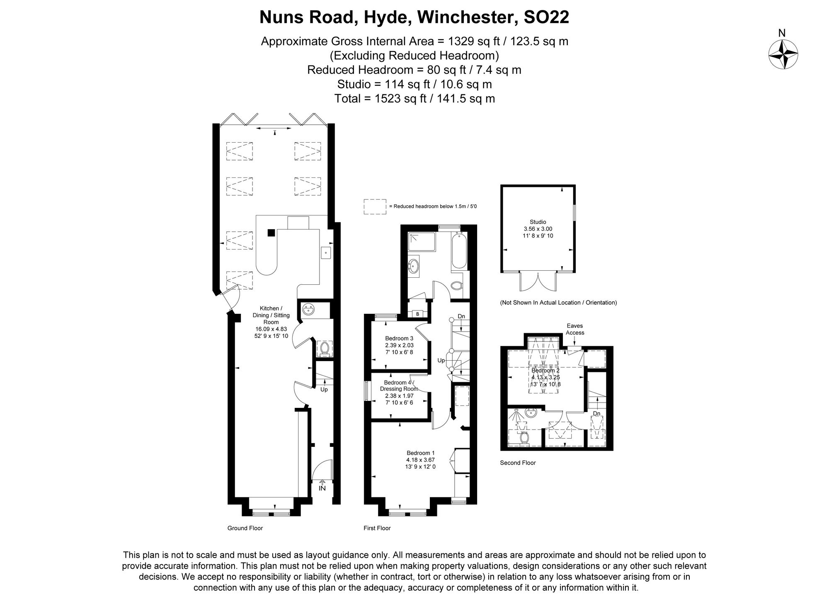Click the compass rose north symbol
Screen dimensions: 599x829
(x=783, y=54)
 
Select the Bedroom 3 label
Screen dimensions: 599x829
(x=399, y=338)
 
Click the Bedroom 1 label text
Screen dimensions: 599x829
(x=420, y=453)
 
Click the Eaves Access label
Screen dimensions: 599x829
(x=575, y=329)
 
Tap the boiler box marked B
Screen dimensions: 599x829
(x=417, y=314)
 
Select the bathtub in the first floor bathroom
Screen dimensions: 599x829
(x=459, y=251)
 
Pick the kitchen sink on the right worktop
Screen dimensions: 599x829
(x=326, y=252)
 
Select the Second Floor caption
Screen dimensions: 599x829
(x=518, y=463)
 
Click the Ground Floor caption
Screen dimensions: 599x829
(x=245, y=528)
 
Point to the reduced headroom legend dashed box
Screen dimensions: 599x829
(x=375, y=206)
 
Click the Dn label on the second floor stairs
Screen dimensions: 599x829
(x=596, y=413)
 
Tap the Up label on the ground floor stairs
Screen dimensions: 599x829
(x=324, y=390)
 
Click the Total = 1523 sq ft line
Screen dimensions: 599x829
(x=414, y=99)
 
